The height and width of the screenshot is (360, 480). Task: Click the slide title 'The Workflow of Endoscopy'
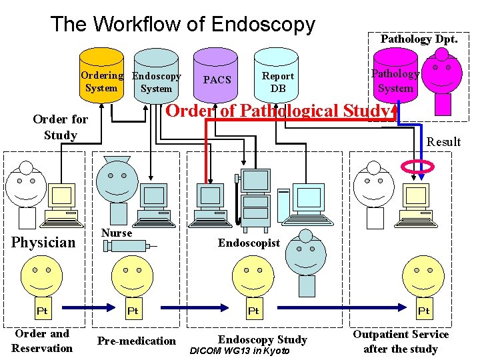point(183,24)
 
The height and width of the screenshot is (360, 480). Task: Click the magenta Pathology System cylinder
point(395,79)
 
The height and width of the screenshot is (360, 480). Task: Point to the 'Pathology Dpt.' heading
point(419,39)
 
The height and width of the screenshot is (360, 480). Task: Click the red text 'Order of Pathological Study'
point(277,111)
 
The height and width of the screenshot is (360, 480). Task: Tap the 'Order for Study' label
point(60,127)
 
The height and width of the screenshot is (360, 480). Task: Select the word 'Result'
point(443,141)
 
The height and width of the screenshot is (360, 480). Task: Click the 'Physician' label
point(44,242)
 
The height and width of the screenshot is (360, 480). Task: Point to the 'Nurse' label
point(117,233)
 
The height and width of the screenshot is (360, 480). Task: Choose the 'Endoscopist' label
point(249,243)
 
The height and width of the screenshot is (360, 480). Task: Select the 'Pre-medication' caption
point(137,341)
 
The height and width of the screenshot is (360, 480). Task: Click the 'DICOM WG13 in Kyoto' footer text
point(240,351)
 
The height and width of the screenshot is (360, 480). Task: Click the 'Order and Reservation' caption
point(42,341)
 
